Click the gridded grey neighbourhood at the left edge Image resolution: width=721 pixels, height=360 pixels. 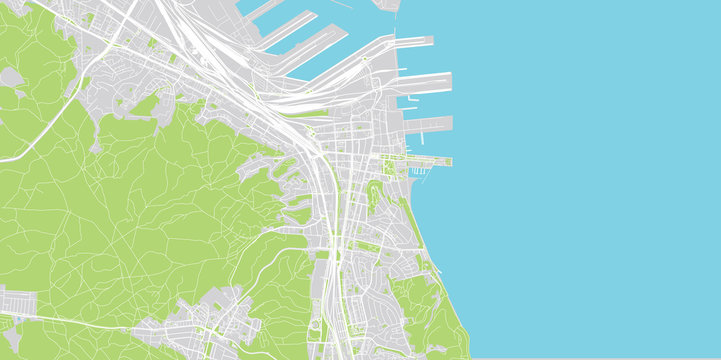18,301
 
